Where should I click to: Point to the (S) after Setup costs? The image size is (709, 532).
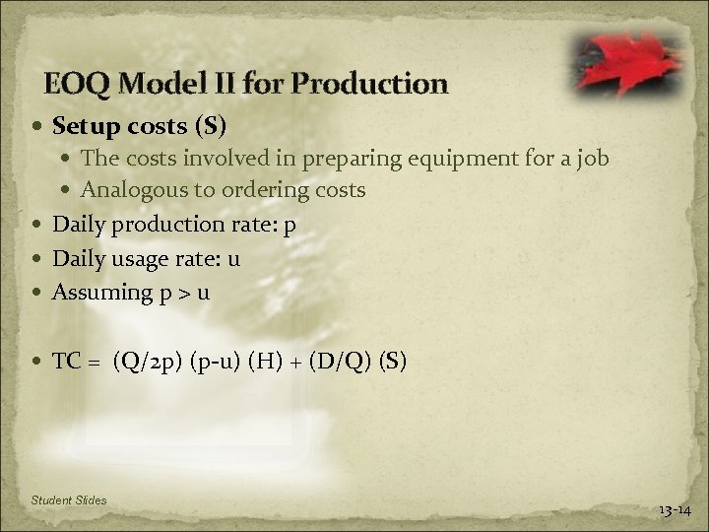(210, 126)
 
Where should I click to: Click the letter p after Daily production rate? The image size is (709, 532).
(289, 226)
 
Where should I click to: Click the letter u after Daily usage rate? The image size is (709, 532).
(234, 258)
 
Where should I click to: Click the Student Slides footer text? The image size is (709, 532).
(69, 501)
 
